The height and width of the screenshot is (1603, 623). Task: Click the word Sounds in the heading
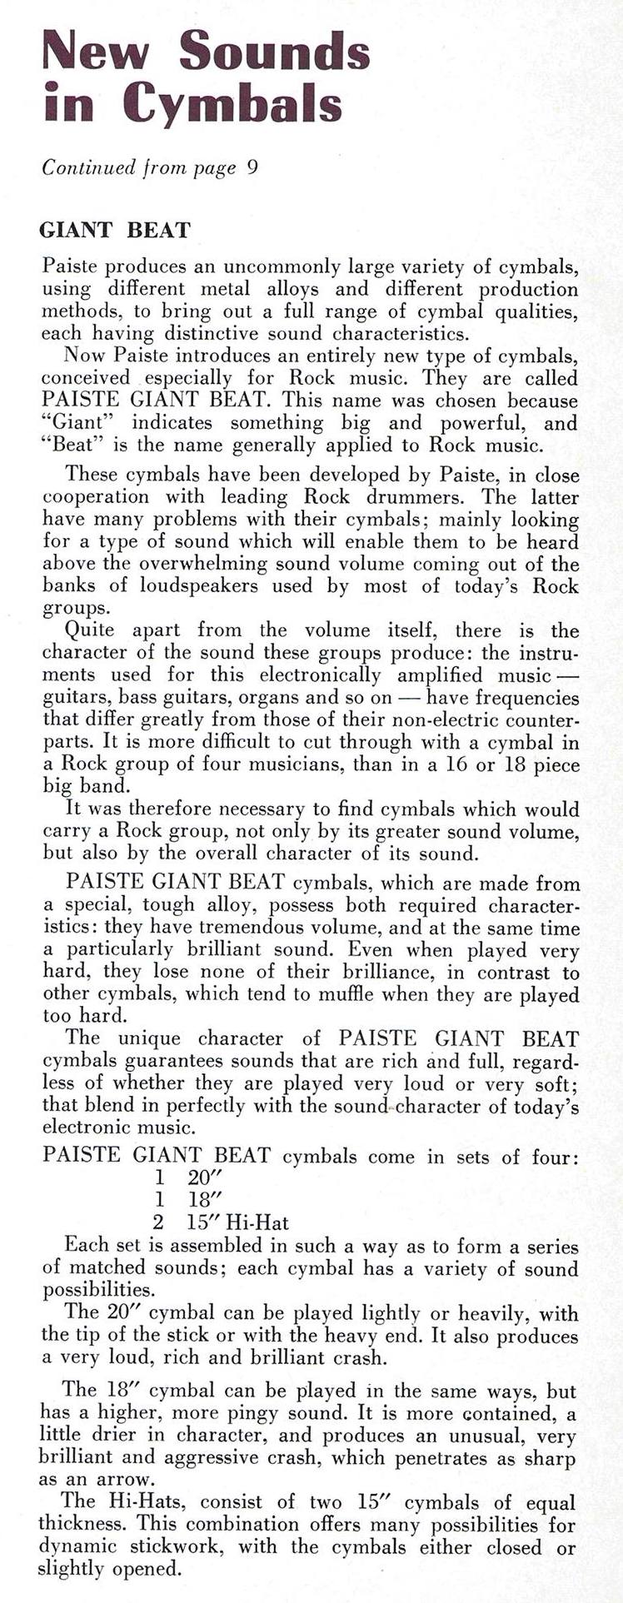pos(275,51)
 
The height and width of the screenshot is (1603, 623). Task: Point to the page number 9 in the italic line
pos(252,167)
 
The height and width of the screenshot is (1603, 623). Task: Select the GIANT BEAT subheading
pos(116,230)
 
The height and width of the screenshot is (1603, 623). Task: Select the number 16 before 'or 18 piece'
pos(453,764)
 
